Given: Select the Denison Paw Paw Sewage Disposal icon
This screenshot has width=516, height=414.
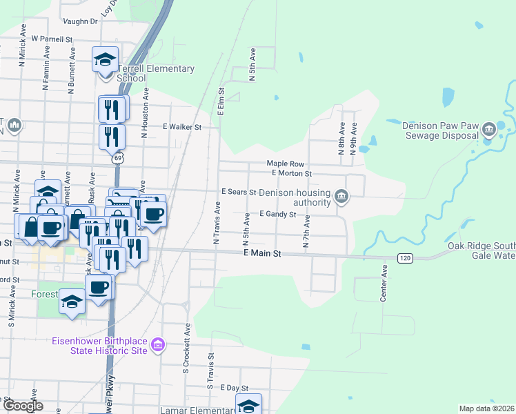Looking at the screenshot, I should [x=488, y=128].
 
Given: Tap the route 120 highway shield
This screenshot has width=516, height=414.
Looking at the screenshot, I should [x=404, y=257].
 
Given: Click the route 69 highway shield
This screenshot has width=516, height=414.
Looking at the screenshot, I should [x=118, y=159].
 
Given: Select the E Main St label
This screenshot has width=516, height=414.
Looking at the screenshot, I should [x=263, y=254].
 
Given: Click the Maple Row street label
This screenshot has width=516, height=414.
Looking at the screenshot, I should [x=286, y=163].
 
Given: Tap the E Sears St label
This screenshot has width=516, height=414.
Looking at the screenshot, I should [x=238, y=191].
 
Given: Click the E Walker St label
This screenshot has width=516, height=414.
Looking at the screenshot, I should [x=181, y=127].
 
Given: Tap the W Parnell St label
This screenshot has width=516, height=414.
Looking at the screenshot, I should [x=52, y=39].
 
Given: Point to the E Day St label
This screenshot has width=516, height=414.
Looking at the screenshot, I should [x=233, y=388].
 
